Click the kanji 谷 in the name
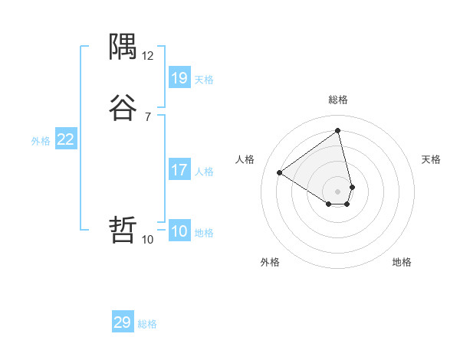point(123,107)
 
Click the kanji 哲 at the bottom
point(123,229)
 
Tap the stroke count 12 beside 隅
point(148,56)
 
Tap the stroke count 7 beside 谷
point(148,116)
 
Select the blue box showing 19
point(179,77)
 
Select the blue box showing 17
point(179,170)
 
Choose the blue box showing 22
point(66,139)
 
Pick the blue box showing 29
point(123,322)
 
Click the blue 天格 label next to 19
point(204,80)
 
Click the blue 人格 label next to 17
point(204,172)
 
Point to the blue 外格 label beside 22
point(41,141)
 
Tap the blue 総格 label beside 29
point(147,325)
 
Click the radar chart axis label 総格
point(338,100)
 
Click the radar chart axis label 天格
point(431,159)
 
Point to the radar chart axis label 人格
point(245,159)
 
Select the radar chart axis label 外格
point(270,262)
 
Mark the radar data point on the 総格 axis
point(338,130)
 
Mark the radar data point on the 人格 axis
point(280,172)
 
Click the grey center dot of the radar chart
point(338,191)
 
